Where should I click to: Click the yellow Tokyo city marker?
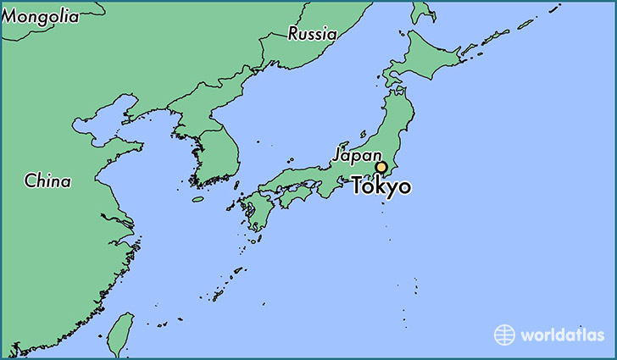pyautogui.click(x=381, y=168)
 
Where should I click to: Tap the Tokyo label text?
pyautogui.click(x=381, y=186)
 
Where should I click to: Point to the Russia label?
pyautogui.click(x=312, y=34)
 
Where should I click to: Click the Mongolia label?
pyautogui.click(x=40, y=16)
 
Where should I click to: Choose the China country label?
pyautogui.click(x=47, y=180)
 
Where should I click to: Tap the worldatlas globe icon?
pyautogui.click(x=504, y=335)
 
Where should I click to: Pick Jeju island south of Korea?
pyautogui.click(x=197, y=200)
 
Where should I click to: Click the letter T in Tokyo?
pyautogui.click(x=358, y=186)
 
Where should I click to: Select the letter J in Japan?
pyautogui.click(x=337, y=155)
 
